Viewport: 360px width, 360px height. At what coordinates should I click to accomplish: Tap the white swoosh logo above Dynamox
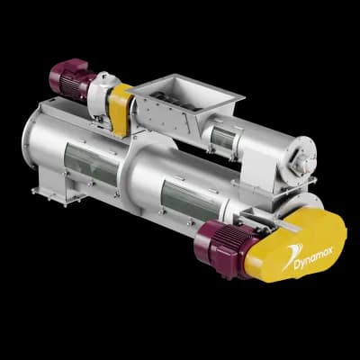click(292, 255)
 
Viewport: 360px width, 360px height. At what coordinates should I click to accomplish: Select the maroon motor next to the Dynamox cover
click(226, 247)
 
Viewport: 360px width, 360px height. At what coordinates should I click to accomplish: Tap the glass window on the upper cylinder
click(222, 139)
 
